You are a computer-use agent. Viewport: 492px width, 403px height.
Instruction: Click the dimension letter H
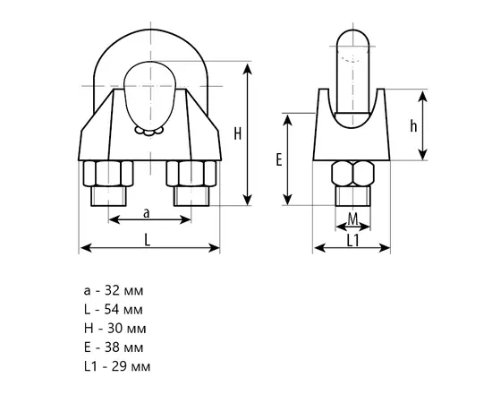[238, 134]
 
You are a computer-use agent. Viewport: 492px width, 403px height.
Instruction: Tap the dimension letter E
[279, 159]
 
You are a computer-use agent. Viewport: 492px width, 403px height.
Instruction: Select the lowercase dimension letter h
[413, 126]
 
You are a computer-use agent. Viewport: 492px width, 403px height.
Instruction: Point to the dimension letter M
[353, 219]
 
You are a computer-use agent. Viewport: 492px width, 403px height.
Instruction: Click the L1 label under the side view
[352, 241]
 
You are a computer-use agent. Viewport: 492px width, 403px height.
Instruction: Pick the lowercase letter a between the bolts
[147, 213]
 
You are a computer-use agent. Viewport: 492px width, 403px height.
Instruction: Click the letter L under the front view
[148, 240]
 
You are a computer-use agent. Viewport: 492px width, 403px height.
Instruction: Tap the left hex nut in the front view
[108, 174]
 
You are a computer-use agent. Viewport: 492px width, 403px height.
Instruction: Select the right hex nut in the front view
[191, 174]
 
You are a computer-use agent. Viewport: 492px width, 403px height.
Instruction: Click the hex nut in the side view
[353, 174]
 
